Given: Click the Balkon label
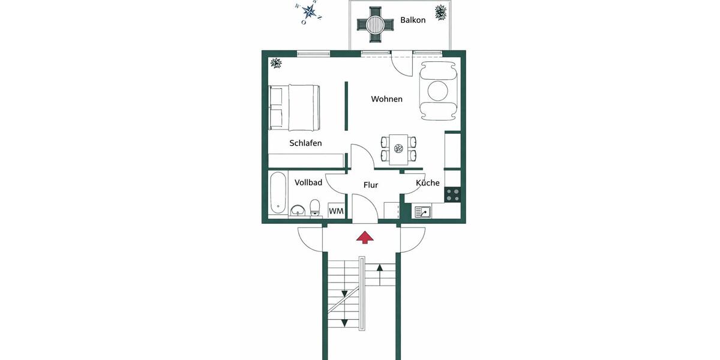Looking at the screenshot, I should (413, 20).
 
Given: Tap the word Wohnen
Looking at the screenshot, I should (386, 99).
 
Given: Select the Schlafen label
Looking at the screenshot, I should (305, 143).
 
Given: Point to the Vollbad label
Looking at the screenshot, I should (308, 182).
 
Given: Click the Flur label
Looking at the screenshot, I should (371, 185).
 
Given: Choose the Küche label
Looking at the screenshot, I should (428, 183).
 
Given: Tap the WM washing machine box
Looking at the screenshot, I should (336, 211).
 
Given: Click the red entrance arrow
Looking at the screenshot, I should (365, 237).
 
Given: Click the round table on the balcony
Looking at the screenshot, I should (374, 24).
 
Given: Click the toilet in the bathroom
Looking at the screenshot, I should (315, 208).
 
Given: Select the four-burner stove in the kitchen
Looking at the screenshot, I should (452, 194).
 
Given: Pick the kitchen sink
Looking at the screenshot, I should (422, 211).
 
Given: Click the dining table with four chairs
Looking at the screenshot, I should (397, 149).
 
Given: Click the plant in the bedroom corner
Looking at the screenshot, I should (276, 62).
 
